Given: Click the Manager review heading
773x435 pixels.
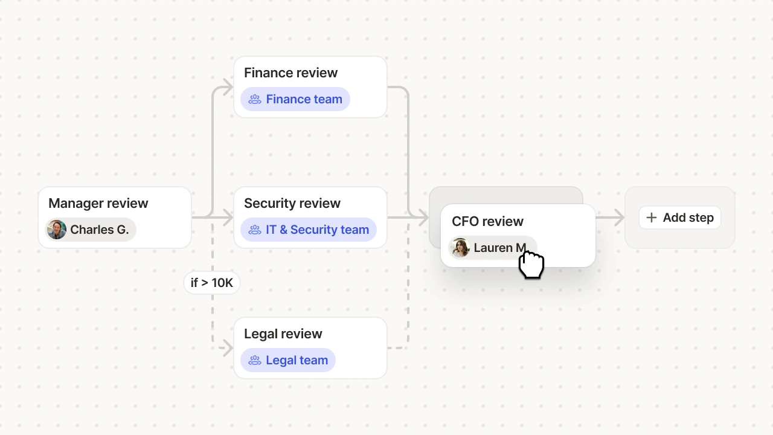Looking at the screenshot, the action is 98,204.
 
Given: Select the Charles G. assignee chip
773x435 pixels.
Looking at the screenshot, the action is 91,230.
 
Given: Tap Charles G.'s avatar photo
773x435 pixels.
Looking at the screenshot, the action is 57,230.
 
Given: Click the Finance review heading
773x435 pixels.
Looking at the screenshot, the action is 290,73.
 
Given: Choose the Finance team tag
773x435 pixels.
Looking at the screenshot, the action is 295,99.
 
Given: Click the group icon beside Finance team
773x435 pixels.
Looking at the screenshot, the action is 255,99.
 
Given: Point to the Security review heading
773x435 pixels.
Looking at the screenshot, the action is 292,204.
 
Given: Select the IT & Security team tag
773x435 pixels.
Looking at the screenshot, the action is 309,230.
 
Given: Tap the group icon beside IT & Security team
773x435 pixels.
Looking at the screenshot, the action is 255,230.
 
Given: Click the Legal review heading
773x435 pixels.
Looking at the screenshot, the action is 283,334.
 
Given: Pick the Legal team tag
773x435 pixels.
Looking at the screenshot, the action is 288,360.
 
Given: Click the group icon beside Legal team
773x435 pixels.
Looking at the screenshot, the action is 255,360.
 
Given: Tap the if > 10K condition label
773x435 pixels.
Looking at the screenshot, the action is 211,283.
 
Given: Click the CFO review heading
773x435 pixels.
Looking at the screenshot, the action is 487,222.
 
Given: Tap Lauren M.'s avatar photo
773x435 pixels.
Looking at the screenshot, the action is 460,248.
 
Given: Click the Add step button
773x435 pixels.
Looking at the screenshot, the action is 679,217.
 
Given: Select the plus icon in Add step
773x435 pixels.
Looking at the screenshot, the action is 651,217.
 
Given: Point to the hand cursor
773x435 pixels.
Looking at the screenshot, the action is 531,265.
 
